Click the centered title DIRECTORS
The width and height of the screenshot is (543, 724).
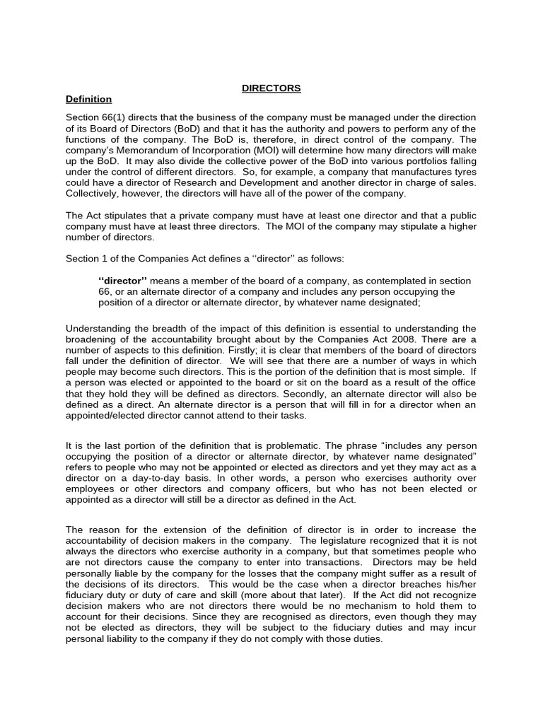point(271,88)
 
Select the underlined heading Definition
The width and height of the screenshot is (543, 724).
point(88,99)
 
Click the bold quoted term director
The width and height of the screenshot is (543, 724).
point(120,281)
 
